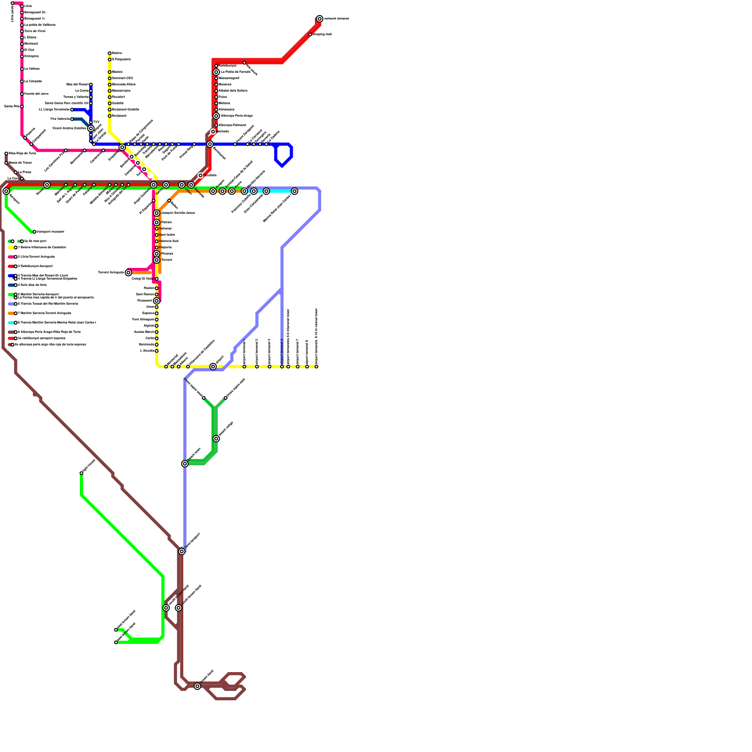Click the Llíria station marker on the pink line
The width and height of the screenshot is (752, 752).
click(x=22, y=6)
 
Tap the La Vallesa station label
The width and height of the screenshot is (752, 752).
click(x=32, y=69)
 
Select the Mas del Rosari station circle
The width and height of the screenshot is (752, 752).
click(x=91, y=85)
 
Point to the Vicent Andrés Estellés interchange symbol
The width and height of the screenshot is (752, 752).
click(x=91, y=128)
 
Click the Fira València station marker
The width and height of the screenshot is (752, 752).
click(x=72, y=119)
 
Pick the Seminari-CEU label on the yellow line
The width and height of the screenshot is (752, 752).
click(x=123, y=78)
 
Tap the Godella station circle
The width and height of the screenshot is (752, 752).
click(x=110, y=103)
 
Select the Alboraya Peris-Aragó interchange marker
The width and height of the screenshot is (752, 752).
click(x=216, y=116)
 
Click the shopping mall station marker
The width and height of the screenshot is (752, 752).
click(x=310, y=34)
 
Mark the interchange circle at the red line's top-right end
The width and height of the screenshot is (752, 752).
click(x=320, y=19)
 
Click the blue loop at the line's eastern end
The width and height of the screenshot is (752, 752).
click(x=284, y=155)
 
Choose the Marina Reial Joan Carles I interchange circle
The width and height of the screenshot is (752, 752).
click(x=294, y=191)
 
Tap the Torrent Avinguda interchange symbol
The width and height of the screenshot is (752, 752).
click(x=128, y=273)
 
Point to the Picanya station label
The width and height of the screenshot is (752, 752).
click(x=167, y=253)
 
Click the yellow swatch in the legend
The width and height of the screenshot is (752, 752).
click(x=11, y=247)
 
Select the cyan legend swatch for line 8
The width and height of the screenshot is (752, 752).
click(x=11, y=322)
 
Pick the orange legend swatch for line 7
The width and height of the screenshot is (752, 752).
click(x=11, y=313)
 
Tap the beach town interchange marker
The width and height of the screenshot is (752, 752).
click(x=185, y=464)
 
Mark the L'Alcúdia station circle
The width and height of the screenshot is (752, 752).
click(x=157, y=351)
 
